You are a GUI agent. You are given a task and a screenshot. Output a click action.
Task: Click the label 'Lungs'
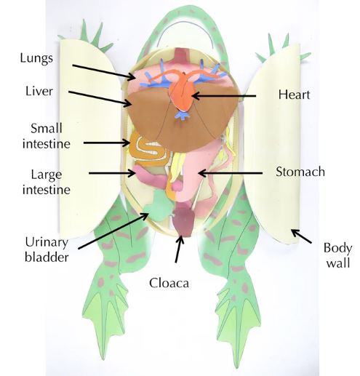(x=36, y=59)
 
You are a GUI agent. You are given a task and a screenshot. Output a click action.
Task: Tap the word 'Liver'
(x=39, y=92)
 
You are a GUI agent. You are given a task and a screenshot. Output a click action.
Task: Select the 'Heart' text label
(x=294, y=95)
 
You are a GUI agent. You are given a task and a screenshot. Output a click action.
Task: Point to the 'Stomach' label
(x=300, y=172)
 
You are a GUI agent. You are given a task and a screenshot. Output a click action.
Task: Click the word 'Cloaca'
(x=169, y=283)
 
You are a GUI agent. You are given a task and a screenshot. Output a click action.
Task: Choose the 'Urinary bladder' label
(x=47, y=249)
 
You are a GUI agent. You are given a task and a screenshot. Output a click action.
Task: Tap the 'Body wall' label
(x=337, y=255)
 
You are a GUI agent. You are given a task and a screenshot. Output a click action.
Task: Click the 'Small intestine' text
(x=47, y=136)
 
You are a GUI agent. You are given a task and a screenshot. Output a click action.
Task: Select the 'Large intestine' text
(x=47, y=182)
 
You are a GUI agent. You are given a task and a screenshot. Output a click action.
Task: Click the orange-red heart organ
(x=183, y=93)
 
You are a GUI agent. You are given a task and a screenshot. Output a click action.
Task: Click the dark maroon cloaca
(x=183, y=220)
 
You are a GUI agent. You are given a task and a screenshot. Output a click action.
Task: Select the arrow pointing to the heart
(x=224, y=96)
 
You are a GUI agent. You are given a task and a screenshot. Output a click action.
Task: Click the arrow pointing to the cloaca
(x=179, y=249)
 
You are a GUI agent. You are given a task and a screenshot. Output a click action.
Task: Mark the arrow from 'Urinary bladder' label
(x=113, y=231)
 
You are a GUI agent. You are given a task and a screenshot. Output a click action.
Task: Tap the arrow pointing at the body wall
(x=301, y=236)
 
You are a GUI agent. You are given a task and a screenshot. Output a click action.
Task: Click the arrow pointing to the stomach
(x=230, y=173)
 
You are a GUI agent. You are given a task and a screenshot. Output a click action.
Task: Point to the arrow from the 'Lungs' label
(x=104, y=72)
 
